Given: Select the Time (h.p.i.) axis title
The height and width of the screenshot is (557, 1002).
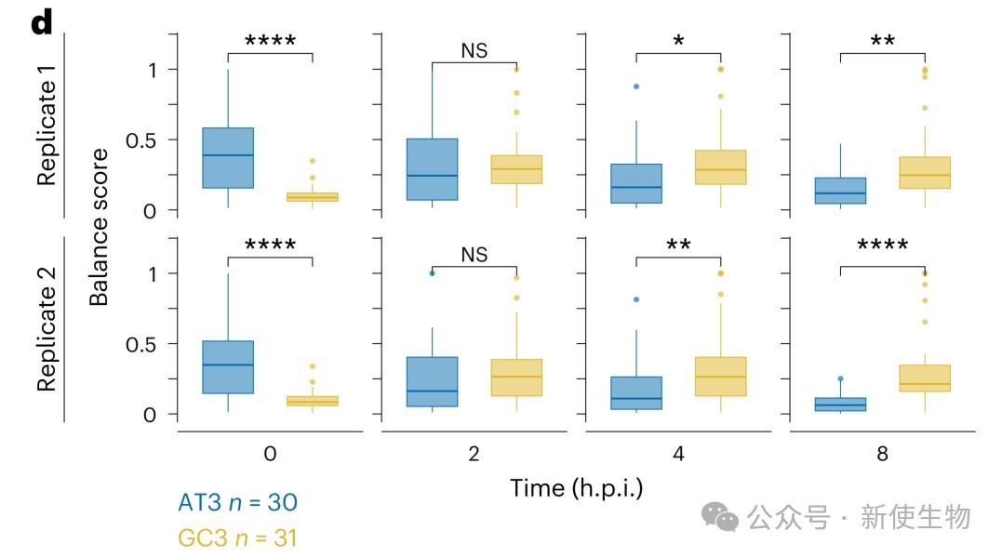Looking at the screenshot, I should pyautogui.click(x=576, y=487).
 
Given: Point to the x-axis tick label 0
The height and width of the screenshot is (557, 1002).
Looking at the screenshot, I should pyautogui.click(x=270, y=455).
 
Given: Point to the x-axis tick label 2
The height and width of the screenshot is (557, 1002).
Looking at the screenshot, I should pyautogui.click(x=474, y=455).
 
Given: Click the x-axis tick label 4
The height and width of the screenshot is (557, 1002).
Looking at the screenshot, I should pyautogui.click(x=677, y=455).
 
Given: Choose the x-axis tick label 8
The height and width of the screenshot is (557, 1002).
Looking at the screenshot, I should pyautogui.click(x=881, y=455).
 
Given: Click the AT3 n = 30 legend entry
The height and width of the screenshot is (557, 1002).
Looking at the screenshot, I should pyautogui.click(x=237, y=503).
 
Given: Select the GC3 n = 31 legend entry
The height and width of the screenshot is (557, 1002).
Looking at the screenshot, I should pyautogui.click(x=237, y=537).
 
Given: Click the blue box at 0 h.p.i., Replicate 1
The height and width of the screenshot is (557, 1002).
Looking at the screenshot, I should pyautogui.click(x=228, y=158).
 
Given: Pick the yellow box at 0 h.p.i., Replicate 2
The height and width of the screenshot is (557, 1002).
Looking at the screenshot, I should pyautogui.click(x=313, y=401).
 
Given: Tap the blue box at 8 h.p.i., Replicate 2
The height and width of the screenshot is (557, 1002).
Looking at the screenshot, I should pyautogui.click(x=839, y=404).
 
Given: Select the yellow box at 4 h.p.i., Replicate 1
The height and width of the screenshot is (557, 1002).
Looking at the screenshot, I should pyautogui.click(x=720, y=167).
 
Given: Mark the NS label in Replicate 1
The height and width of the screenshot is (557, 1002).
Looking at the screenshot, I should pyautogui.click(x=474, y=51).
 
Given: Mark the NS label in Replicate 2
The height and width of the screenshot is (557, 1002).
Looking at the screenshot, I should pyautogui.click(x=474, y=255).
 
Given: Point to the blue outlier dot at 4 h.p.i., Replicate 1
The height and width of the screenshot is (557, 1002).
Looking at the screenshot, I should pyautogui.click(x=635, y=86).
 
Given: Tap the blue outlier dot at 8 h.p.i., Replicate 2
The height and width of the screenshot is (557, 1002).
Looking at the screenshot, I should pyautogui.click(x=840, y=378).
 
